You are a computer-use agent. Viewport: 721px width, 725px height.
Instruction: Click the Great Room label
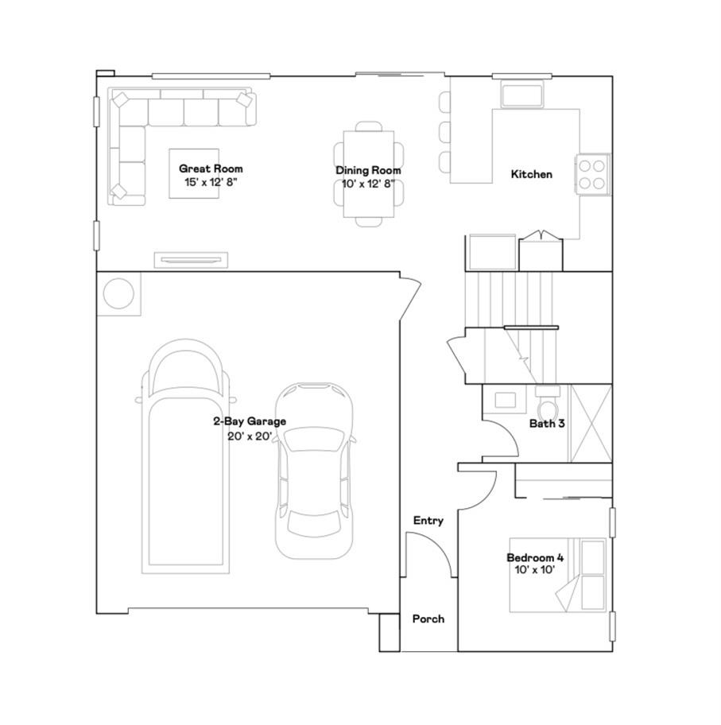tap(211, 169)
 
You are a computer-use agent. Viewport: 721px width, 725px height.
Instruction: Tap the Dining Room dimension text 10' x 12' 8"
tap(369, 184)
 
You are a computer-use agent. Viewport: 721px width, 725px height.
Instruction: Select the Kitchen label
tap(531, 174)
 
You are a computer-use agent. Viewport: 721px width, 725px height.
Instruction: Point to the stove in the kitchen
tap(592, 174)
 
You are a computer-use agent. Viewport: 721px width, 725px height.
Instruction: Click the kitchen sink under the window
tap(521, 95)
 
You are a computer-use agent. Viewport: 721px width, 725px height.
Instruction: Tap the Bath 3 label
tap(547, 423)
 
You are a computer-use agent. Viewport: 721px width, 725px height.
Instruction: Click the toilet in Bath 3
tap(548, 405)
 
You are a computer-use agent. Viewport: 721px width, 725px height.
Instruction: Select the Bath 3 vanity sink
tap(505, 400)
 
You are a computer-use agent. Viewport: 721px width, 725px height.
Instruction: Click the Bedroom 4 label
tap(535, 557)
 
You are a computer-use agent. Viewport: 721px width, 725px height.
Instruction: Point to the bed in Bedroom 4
tap(558, 575)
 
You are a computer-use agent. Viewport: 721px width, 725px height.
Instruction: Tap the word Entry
tap(428, 521)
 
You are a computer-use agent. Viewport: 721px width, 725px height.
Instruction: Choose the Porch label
tap(428, 618)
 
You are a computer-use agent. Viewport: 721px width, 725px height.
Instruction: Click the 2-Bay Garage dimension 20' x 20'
tap(250, 436)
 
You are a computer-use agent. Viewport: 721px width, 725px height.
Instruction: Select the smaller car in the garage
tap(314, 471)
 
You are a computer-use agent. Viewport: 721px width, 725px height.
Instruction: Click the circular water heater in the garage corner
tap(119, 293)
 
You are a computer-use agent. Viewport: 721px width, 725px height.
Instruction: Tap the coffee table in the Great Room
tap(194, 173)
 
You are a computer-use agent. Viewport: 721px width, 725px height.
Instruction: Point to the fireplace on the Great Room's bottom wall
tap(191, 260)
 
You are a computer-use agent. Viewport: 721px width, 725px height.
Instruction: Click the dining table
tap(369, 174)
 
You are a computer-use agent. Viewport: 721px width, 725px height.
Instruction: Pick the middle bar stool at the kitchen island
tap(444, 132)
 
